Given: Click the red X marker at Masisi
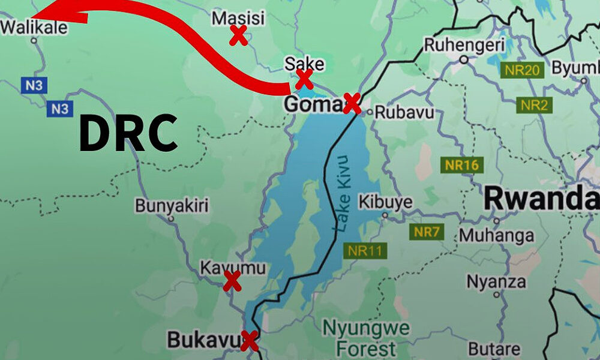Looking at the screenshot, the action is click(238, 36).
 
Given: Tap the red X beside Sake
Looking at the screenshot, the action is click(304, 79).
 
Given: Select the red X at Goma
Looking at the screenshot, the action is click(352, 104).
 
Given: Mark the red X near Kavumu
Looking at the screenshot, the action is click(232, 281).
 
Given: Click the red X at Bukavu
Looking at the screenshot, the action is click(249, 341).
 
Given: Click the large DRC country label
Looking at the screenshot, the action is click(128, 133).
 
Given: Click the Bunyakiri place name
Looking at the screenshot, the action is click(172, 206).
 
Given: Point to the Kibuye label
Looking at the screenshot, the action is click(385, 201).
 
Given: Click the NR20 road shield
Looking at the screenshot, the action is click(521, 70).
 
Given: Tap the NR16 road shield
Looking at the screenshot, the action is click(462, 165).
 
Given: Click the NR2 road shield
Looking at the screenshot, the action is click(534, 106).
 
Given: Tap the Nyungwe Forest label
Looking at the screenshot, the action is click(366, 338).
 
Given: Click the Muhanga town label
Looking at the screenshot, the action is click(496, 235).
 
